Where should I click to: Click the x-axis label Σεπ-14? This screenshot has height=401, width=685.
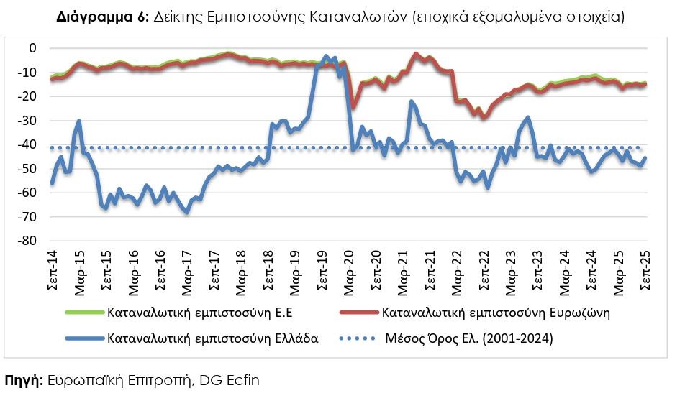[51, 272]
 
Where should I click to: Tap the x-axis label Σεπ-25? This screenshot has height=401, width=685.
[645, 272]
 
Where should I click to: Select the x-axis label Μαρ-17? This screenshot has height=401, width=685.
[186, 272]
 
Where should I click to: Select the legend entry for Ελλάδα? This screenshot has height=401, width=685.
[212, 338]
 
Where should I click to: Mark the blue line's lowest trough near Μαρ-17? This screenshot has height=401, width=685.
[187, 213]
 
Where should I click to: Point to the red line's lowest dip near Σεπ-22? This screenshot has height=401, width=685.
[484, 118]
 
